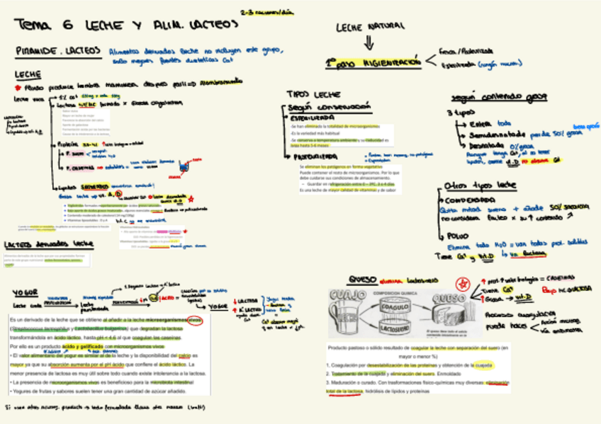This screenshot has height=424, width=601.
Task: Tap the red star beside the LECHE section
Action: pos(18,88)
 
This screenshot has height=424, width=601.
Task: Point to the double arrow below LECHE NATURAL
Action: pos(369,42)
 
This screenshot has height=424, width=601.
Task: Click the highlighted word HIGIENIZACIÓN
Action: pos(388,62)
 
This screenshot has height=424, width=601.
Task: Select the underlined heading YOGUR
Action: pos(25,292)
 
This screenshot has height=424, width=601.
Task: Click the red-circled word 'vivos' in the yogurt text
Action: pos(195,319)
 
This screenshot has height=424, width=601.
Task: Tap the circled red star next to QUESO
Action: pos(464,285)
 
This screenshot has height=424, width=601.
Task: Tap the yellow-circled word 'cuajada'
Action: pos(483,365)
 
